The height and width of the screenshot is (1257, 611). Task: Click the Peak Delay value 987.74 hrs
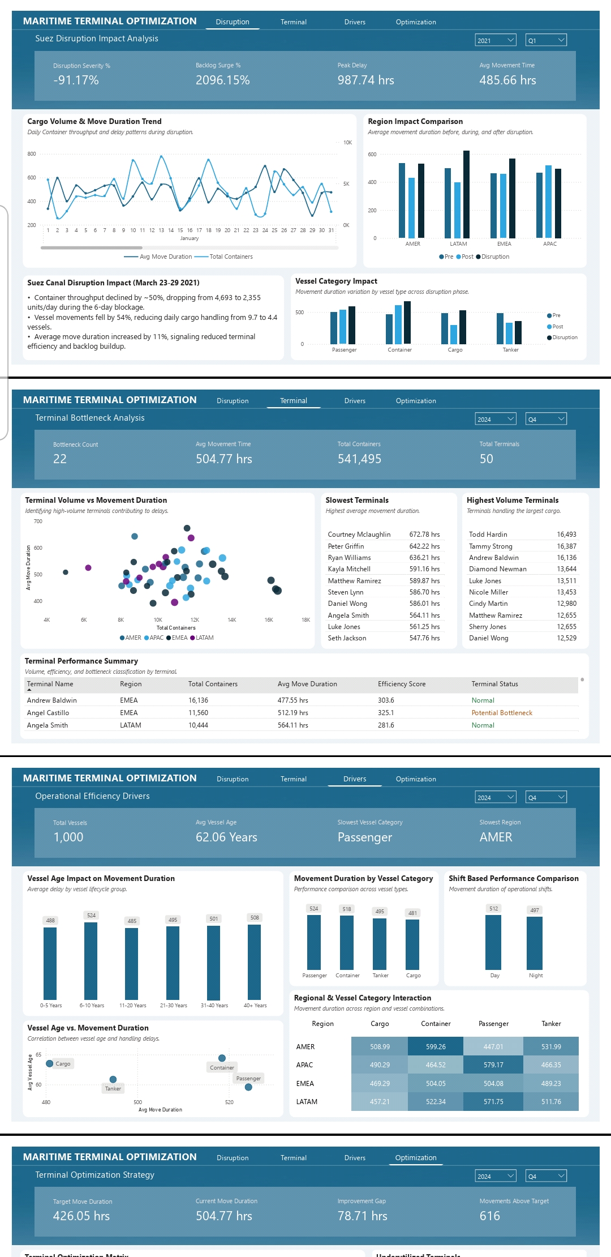tap(365, 80)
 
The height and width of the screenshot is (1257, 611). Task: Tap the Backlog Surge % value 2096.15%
tap(222, 80)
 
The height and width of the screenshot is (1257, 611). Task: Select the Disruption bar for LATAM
tap(466, 194)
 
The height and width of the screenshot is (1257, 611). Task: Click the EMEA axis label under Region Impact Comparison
tap(504, 244)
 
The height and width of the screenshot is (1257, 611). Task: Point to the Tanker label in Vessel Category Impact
tap(510, 350)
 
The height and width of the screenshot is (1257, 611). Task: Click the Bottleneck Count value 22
tap(60, 459)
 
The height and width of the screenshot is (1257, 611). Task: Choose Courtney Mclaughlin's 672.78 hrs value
tap(424, 535)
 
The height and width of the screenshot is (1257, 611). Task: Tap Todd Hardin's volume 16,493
tap(566, 535)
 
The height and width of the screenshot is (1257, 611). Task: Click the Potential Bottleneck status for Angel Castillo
tap(502, 713)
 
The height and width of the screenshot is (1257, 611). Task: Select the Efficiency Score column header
tap(401, 684)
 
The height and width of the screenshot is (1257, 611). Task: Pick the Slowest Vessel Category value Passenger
tap(364, 837)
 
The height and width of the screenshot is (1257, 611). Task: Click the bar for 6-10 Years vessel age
tap(91, 961)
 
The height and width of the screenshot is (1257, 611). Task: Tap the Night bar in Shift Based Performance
tap(535, 943)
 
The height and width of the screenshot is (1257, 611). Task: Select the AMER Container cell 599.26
tap(436, 1047)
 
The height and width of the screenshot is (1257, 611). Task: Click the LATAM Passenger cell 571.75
tap(493, 1102)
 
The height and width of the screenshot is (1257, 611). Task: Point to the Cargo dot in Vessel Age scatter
tap(50, 1063)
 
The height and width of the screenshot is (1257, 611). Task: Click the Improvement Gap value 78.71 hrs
tap(362, 1216)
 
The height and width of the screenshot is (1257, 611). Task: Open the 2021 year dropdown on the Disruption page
tap(496, 40)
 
